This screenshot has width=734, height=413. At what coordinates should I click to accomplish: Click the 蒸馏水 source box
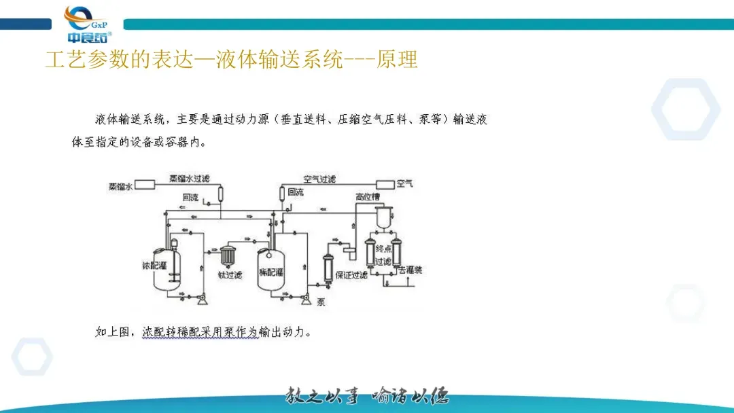point(145,185)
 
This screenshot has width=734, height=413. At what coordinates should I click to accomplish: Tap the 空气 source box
point(385,184)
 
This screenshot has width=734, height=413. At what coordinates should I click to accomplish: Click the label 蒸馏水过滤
point(190,179)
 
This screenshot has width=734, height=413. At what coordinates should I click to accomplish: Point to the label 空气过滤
point(319,179)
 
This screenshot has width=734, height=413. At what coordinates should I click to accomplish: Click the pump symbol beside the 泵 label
point(307,298)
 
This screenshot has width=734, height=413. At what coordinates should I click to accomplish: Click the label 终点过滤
point(383,255)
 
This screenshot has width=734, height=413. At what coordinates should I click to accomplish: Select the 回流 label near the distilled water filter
point(190,198)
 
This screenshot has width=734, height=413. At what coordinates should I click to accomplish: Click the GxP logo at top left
point(88,24)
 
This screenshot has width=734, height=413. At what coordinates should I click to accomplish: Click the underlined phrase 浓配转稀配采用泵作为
point(200,332)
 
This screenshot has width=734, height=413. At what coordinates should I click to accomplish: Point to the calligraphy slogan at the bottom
point(367,396)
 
